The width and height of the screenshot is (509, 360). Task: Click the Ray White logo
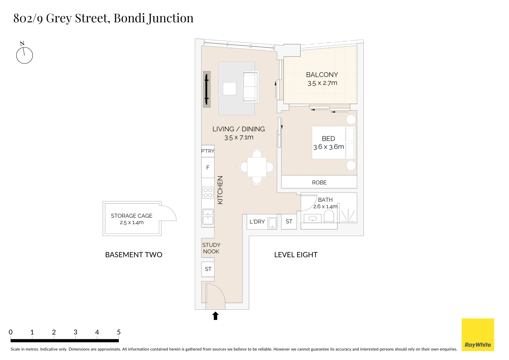click(478, 334)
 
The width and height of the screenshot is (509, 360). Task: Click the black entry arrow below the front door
click(216, 316)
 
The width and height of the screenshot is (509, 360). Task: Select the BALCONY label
click(322, 75)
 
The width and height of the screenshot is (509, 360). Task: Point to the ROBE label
click(319, 182)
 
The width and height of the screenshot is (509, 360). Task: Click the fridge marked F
click(208, 168)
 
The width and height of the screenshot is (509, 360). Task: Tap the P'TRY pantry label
click(208, 151)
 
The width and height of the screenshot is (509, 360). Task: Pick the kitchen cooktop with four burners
click(208, 193)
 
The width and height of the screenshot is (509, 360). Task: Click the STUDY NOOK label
click(211, 248)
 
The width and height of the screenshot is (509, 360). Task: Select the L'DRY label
click(257, 222)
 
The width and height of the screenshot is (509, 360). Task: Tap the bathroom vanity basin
click(312, 219)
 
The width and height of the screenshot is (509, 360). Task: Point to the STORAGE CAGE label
click(132, 216)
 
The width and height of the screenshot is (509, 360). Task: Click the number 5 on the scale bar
click(119, 332)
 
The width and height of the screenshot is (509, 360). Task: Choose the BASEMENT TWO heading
click(134, 255)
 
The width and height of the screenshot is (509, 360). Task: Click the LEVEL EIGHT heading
click(296, 255)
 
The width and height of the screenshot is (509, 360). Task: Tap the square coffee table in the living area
click(230, 89)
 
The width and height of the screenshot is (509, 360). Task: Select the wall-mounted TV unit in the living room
click(207, 89)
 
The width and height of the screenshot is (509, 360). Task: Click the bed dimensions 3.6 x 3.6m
click(328, 147)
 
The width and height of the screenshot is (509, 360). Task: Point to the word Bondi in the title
click(129, 18)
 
